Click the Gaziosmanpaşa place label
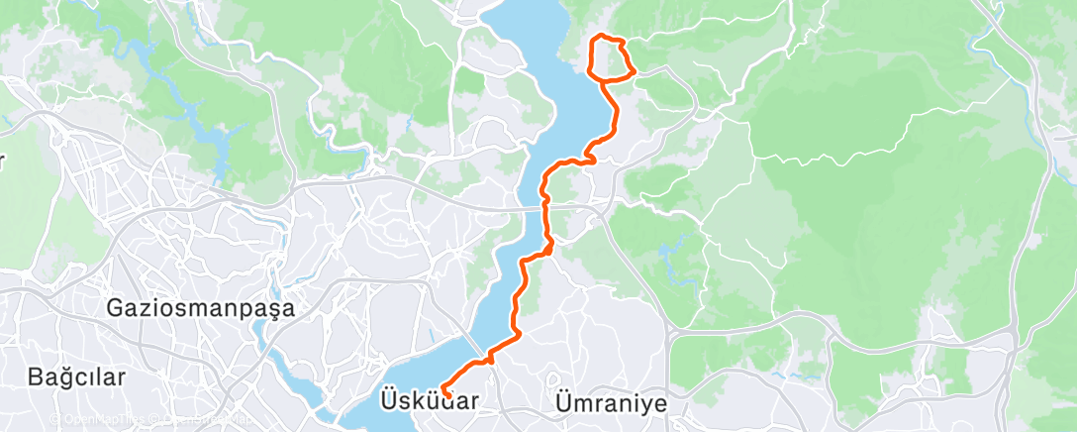coord(202,308)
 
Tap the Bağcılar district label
coord(77,378)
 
